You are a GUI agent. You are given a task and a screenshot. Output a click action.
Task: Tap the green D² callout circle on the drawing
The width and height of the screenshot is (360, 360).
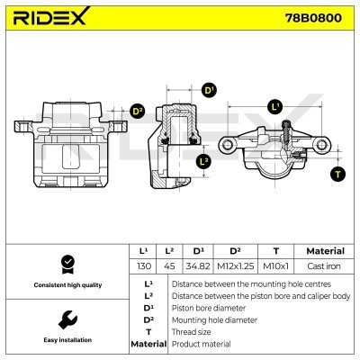point(138,111)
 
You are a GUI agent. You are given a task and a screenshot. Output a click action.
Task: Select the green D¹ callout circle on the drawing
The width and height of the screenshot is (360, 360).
point(209,90)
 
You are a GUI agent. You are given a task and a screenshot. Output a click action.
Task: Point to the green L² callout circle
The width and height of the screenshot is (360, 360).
point(203,161)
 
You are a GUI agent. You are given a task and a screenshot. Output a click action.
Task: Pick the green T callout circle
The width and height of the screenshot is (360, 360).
point(337,173)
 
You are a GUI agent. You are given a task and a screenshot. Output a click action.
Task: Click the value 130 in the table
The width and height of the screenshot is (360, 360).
point(142,266)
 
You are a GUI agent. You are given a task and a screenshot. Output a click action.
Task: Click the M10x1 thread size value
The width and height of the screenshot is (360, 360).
point(276,266)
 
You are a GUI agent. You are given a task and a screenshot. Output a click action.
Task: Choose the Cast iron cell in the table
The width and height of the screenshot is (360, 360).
point(324,266)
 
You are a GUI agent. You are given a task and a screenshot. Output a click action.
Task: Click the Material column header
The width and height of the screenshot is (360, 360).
point(324,250)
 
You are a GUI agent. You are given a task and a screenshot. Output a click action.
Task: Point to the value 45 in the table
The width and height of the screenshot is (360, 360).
point(169,266)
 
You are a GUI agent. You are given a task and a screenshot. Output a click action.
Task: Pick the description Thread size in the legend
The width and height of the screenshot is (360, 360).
point(191,331)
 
